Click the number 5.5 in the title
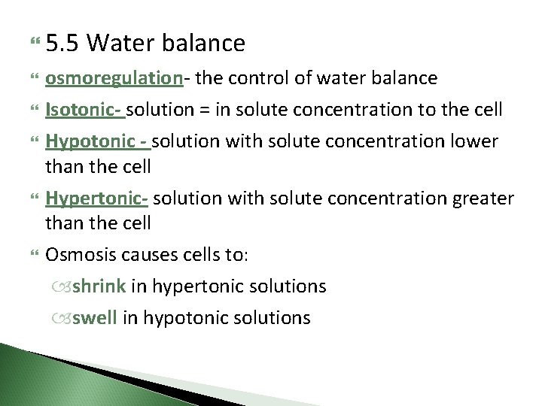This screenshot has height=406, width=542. click(x=62, y=44)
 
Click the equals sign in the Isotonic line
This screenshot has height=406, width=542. click(x=205, y=110)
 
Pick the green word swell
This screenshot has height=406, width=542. click(x=95, y=318)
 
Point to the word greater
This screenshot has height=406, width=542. click(x=484, y=198)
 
